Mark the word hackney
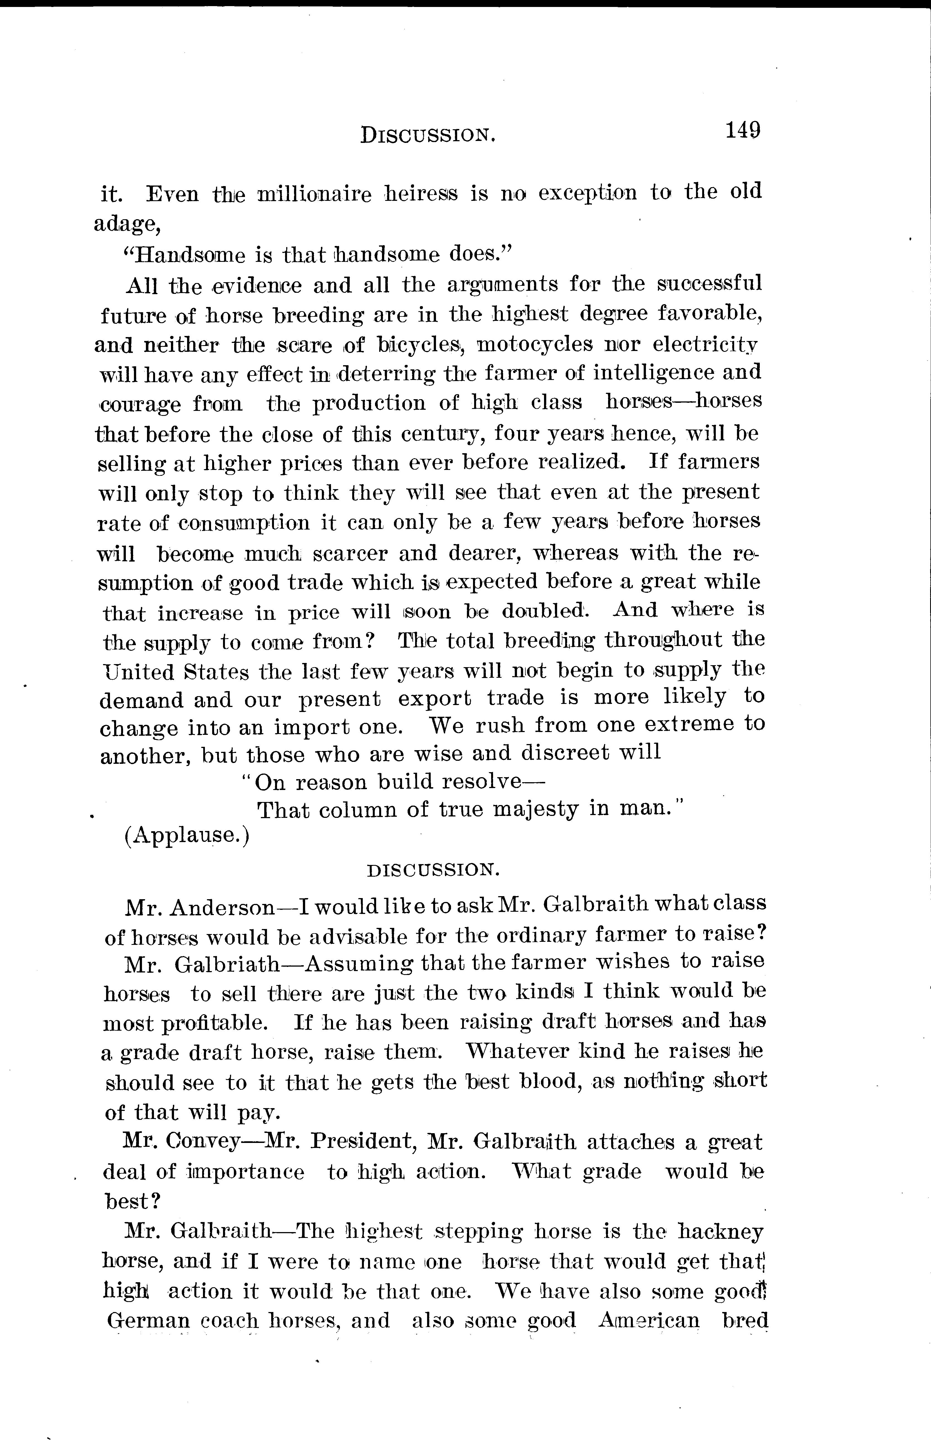721,1232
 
